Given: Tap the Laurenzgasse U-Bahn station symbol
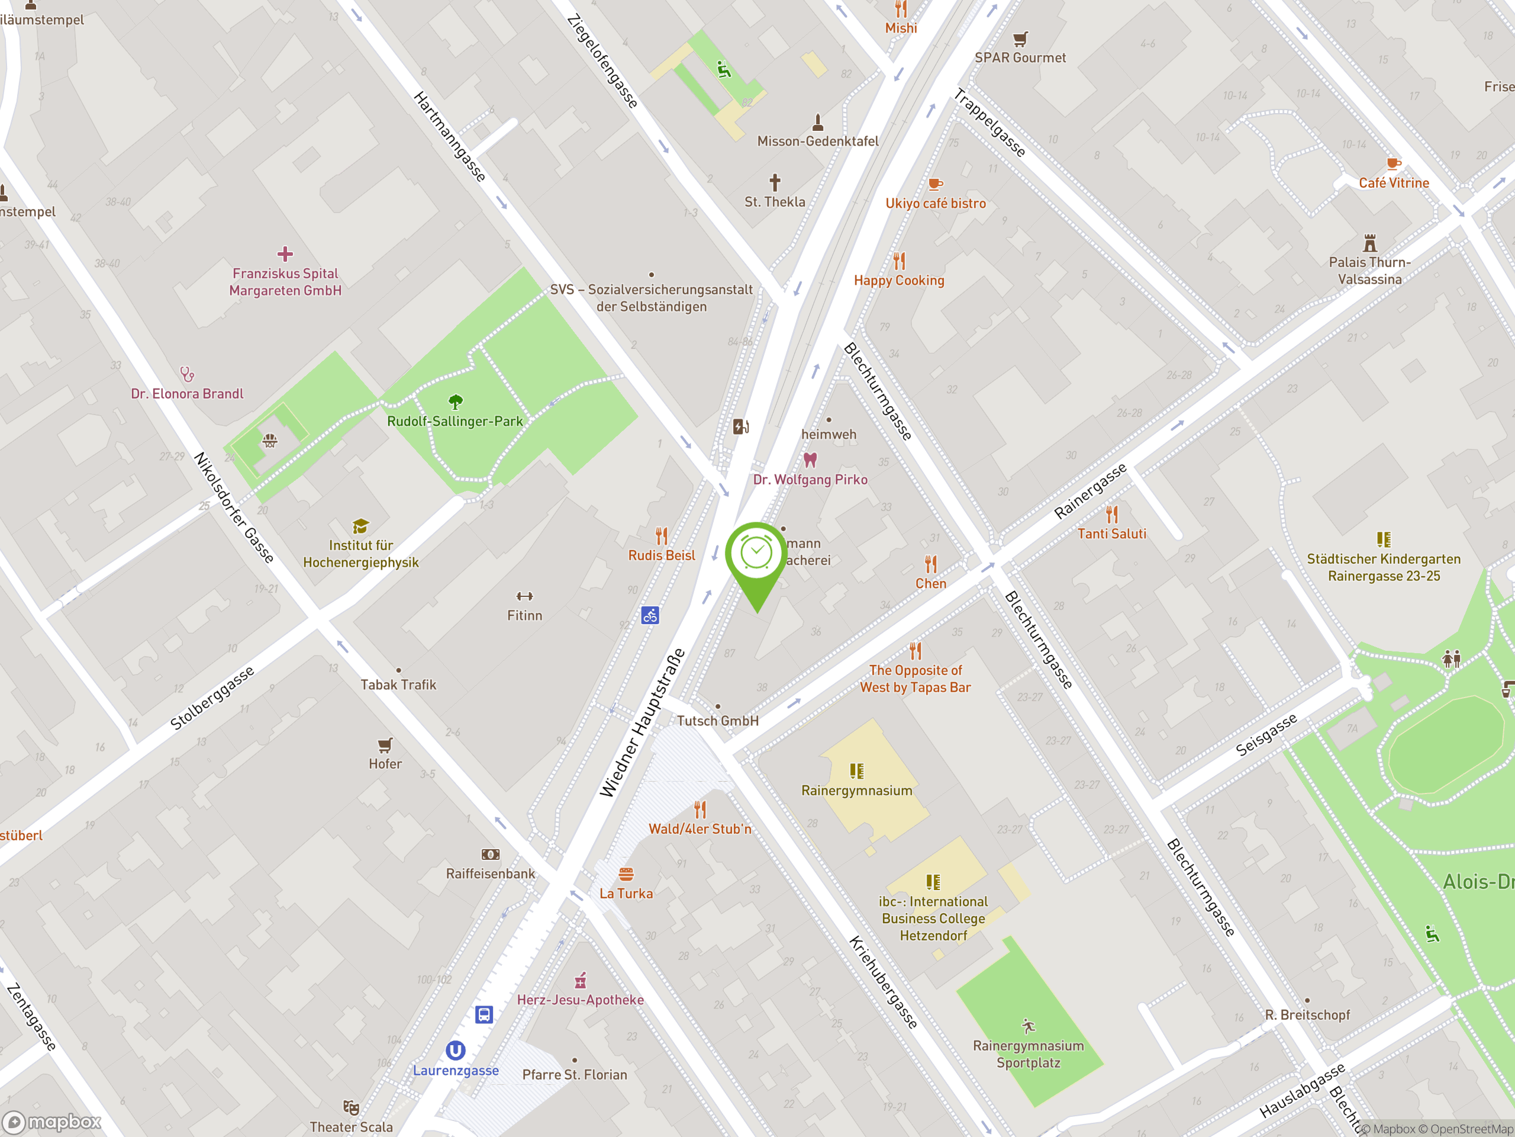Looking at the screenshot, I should coord(456,1050).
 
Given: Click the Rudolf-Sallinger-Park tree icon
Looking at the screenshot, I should coord(456,402).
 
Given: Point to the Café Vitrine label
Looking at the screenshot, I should coord(1394,183).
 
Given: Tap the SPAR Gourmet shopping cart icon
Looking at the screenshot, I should coord(1020,38).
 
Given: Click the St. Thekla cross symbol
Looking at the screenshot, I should coord(775,182).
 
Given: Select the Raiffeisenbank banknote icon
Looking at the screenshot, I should coord(491,855).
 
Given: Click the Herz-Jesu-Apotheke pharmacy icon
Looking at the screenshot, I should coord(580,981).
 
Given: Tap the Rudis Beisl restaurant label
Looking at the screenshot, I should coord(662,555).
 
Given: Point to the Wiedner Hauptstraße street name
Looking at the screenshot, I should coord(643,722).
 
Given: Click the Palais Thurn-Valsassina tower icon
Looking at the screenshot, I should coord(1370,243).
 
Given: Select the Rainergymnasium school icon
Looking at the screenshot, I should coord(857,771).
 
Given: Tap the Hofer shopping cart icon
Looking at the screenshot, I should coord(385,745).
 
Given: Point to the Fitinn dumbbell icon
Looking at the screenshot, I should coord(525,596).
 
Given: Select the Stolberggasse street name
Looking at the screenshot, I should coord(212,698).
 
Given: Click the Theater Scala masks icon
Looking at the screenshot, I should coord(351,1107).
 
